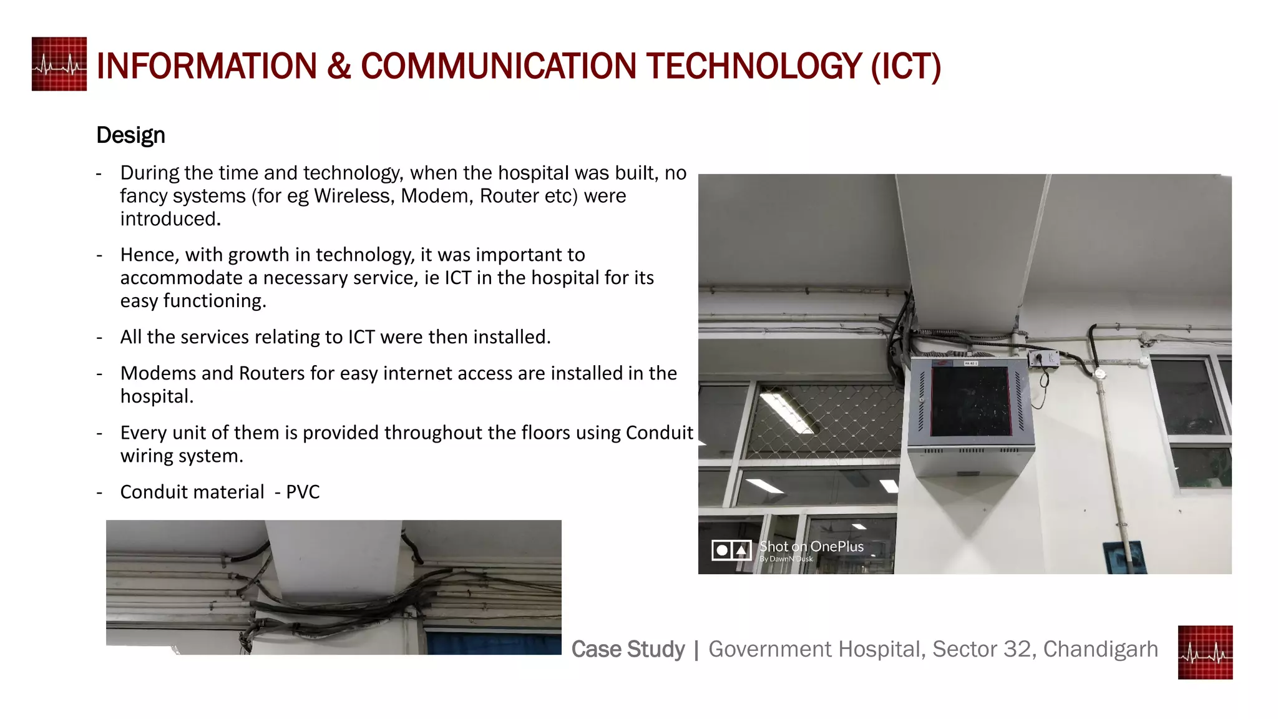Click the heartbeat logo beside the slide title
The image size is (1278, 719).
(59, 64)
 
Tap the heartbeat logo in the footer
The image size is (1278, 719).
(1205, 652)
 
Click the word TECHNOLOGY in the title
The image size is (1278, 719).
(754, 66)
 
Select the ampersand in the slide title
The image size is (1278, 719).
(338, 66)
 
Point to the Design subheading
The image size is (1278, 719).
(130, 135)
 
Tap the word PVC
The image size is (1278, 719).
(303, 492)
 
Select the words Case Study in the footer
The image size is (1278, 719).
(628, 649)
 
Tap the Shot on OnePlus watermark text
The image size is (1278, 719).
(811, 547)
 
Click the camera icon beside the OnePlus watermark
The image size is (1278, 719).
(731, 550)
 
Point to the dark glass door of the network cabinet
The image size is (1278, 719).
(970, 401)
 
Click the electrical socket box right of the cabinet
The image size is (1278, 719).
(1043, 359)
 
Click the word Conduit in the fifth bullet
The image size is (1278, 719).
(659, 433)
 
